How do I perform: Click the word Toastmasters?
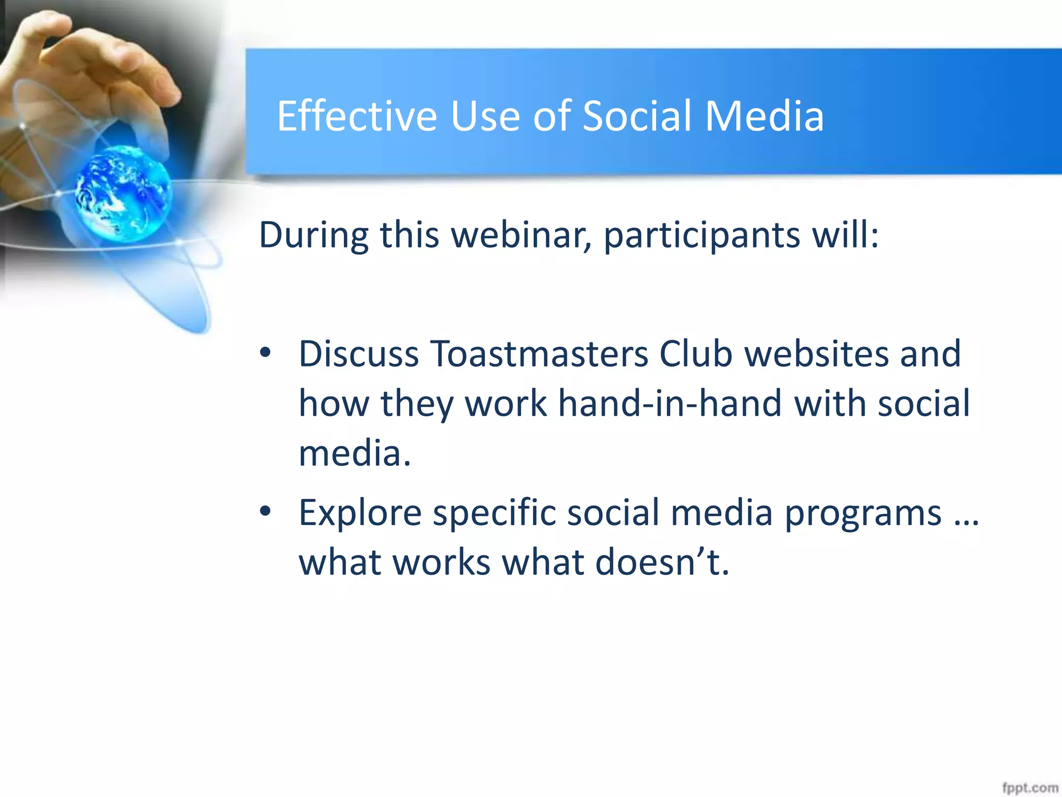click(539, 354)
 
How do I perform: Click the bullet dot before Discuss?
click(265, 353)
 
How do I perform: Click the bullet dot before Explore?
click(265, 512)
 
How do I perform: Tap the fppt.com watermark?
click(1029, 787)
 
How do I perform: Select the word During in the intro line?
click(313, 235)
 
